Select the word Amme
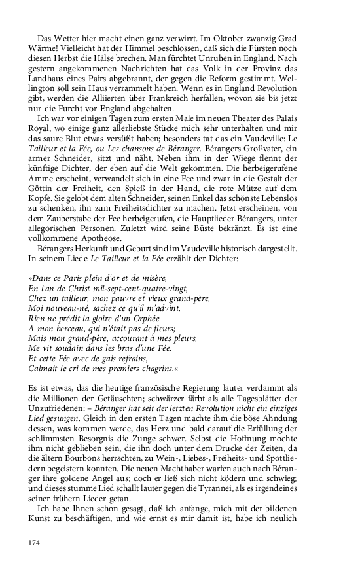41,211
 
